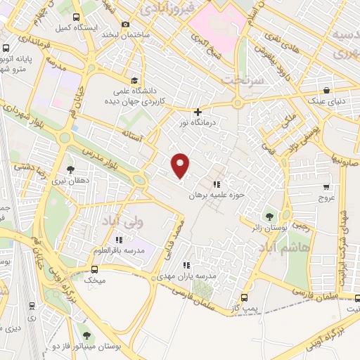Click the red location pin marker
click(x=181, y=165)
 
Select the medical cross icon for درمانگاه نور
click(x=198, y=111)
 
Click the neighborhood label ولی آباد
click(x=129, y=221)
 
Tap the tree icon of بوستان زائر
click(x=268, y=216)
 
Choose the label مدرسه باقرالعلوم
click(x=118, y=251)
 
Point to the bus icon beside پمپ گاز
click(x=243, y=297)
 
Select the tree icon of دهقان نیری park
click(x=70, y=169)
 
